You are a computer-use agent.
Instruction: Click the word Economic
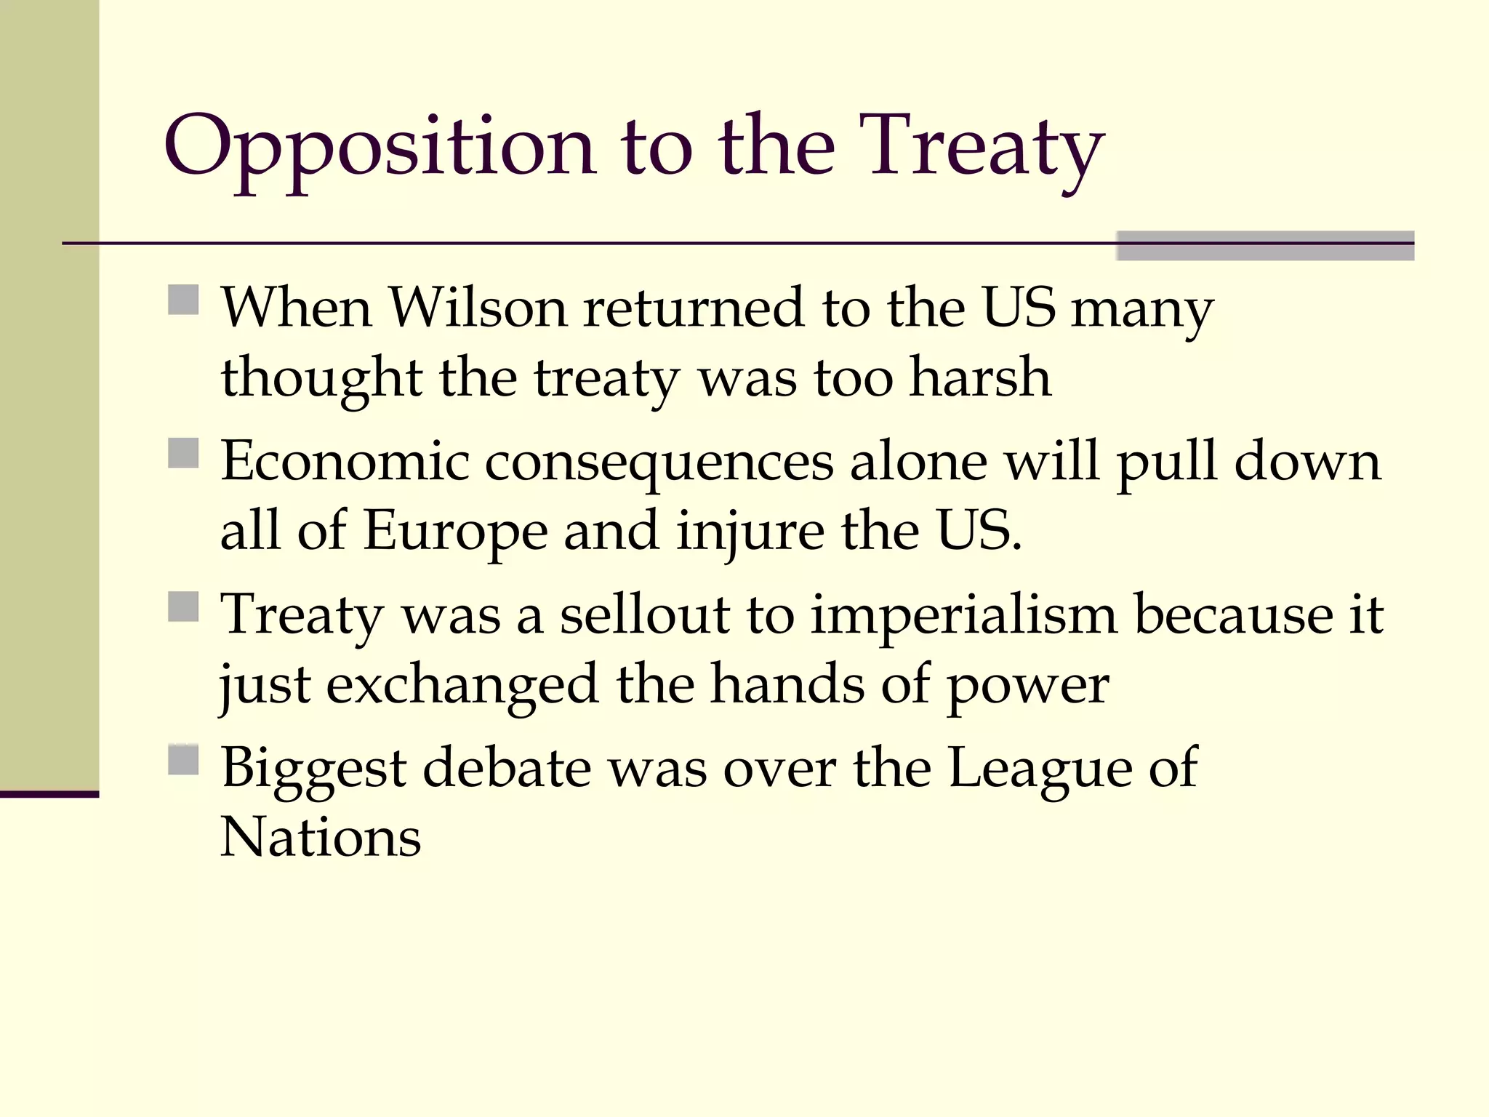click(345, 461)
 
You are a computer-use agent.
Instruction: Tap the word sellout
click(644, 615)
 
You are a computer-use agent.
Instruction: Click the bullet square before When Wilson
click(183, 300)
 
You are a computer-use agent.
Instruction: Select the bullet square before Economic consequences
click(183, 453)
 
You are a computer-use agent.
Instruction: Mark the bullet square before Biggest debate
click(183, 760)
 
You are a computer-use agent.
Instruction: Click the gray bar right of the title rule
click(1265, 246)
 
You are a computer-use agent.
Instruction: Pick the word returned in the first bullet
click(694, 308)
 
